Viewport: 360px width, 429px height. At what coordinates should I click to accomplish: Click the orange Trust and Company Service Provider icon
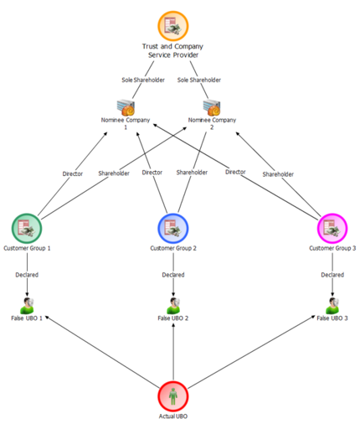click(x=173, y=26)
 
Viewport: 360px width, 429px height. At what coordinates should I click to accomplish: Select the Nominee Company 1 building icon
click(x=126, y=107)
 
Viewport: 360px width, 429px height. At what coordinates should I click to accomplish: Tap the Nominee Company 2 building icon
click(x=212, y=107)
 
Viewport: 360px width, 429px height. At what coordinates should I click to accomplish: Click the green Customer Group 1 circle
click(x=27, y=229)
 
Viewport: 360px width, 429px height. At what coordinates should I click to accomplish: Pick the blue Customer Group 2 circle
click(x=173, y=229)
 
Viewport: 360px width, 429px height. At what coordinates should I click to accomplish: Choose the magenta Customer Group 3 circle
click(x=332, y=229)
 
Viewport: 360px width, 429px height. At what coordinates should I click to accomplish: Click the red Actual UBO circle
click(x=173, y=396)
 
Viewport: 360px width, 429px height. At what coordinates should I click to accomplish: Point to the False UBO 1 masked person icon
click(x=27, y=306)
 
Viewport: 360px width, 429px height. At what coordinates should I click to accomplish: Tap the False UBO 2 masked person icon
click(x=173, y=306)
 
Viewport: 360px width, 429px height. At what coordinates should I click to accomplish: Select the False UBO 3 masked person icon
click(x=332, y=306)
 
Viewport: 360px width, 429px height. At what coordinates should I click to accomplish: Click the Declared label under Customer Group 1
click(x=27, y=275)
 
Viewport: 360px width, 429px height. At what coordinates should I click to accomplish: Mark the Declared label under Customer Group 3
click(x=332, y=275)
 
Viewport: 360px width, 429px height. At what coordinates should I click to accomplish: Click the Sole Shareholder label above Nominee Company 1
click(x=143, y=80)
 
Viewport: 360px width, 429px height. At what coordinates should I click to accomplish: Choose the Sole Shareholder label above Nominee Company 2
click(x=199, y=80)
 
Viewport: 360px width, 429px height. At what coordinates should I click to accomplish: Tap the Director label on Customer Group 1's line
click(x=73, y=173)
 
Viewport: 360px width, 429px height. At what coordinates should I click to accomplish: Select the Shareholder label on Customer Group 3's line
click(x=278, y=174)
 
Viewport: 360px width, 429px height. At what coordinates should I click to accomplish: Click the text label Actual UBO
click(x=173, y=416)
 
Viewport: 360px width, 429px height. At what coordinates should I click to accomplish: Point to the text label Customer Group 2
click(x=173, y=248)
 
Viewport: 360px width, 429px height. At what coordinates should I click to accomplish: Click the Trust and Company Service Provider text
click(x=172, y=50)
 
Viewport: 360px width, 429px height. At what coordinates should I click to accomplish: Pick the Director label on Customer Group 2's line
click(x=152, y=173)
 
